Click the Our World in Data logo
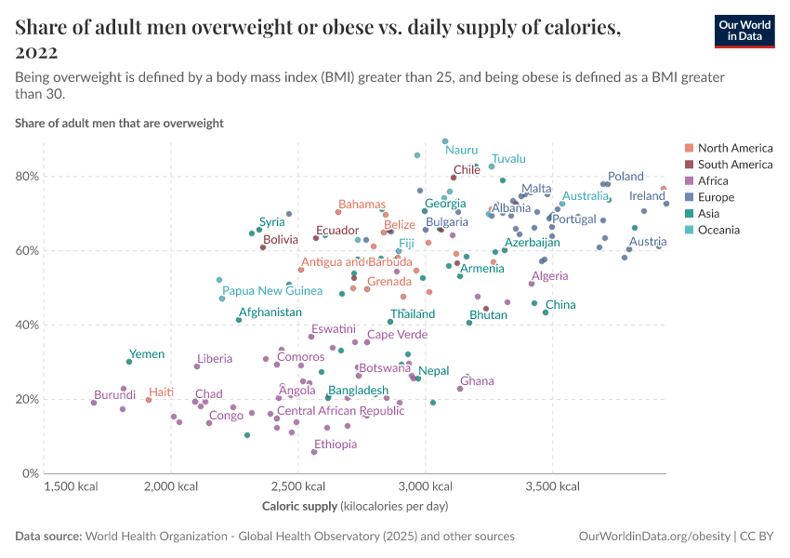[744, 31]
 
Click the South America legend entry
[734, 165]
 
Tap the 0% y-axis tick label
[30, 473]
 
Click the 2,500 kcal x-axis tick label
[297, 486]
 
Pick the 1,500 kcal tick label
[72, 486]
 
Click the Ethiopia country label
[336, 445]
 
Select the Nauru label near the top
[461, 149]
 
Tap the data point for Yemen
[129, 362]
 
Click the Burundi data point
[94, 403]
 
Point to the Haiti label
[162, 392]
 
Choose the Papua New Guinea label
[272, 291]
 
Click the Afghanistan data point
[239, 320]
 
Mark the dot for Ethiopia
[314, 452]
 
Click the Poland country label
[625, 176]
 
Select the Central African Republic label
[341, 411]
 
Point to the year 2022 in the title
[36, 51]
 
